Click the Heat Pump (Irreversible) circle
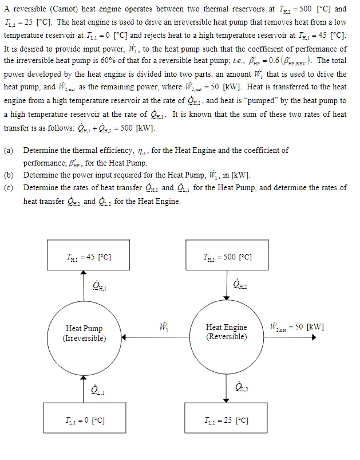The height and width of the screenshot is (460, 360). coord(84,333)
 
